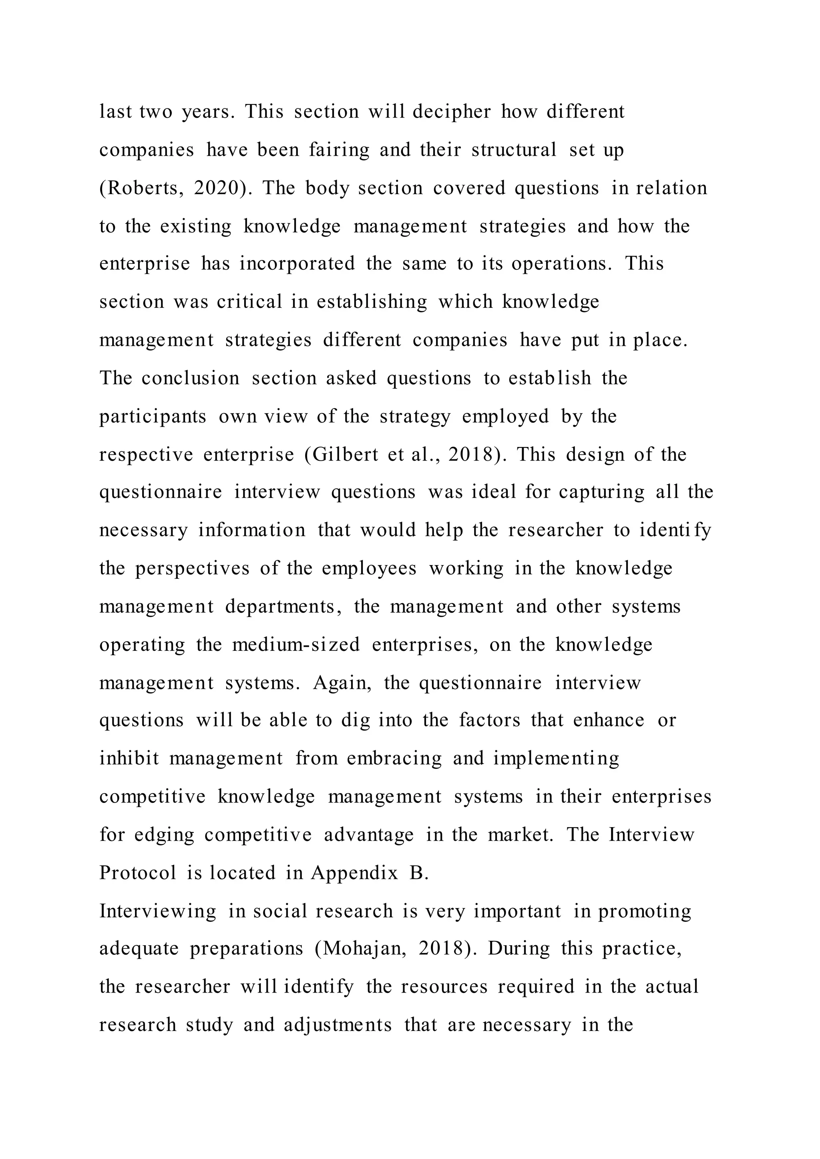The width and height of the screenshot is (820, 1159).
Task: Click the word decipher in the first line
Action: pyautogui.click(x=451, y=112)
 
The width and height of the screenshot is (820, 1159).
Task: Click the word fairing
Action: pyautogui.click(x=339, y=150)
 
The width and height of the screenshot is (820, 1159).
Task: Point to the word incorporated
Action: pyautogui.click(x=297, y=263)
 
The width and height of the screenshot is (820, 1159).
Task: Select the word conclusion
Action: pyautogui.click(x=190, y=378)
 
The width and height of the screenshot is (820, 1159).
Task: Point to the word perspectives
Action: pyautogui.click(x=192, y=568)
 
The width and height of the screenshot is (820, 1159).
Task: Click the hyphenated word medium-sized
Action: pyautogui.click(x=296, y=645)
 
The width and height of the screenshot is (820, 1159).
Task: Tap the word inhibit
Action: pyautogui.click(x=129, y=758)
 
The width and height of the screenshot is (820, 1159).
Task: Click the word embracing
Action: pyautogui.click(x=394, y=758)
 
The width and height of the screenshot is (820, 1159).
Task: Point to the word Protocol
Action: pyautogui.click(x=138, y=873)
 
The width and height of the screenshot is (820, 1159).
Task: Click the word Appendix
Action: pyautogui.click(x=354, y=873)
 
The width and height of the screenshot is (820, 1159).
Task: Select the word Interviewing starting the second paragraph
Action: pyautogui.click(x=157, y=911)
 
